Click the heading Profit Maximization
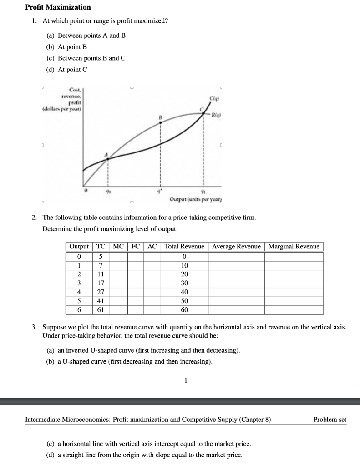pyautogui.click(x=58, y=7)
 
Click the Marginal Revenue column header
pyautogui.click(x=294, y=247)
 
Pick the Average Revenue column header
pyautogui.click(x=236, y=247)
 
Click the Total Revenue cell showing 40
pyautogui.click(x=184, y=292)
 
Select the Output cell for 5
pyautogui.click(x=79, y=301)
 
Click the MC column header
pyautogui.click(x=118, y=247)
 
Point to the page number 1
pyautogui.click(x=185, y=381)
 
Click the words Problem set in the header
pyautogui.click(x=330, y=420)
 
